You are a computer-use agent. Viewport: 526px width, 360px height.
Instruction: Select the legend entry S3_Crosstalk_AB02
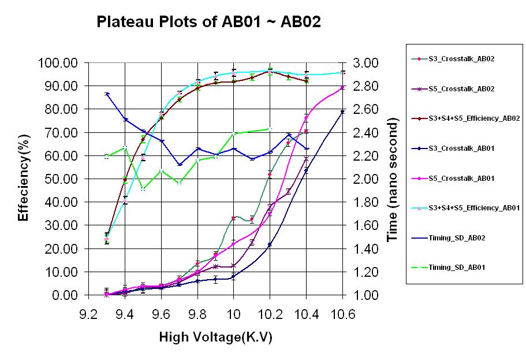462,59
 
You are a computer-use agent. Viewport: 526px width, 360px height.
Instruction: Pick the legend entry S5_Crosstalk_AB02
462,88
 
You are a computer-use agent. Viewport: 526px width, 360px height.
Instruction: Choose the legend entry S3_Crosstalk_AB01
462,149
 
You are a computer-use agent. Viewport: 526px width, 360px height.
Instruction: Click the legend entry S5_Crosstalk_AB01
462,179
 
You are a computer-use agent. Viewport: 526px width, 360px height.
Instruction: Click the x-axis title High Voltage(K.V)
215,337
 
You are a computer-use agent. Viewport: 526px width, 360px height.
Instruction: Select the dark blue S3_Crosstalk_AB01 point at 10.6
342,112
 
